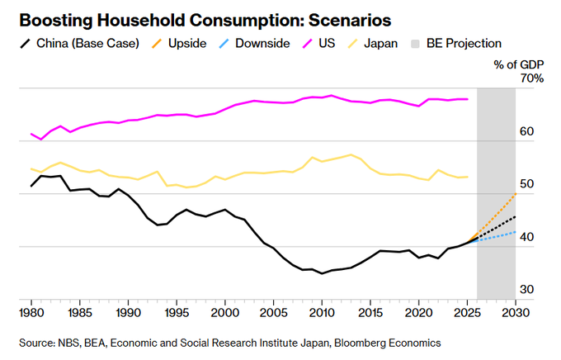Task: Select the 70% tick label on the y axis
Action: (531, 78)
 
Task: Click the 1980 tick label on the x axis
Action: (31, 313)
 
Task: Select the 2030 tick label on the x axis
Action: (516, 313)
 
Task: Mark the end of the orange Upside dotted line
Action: (516, 194)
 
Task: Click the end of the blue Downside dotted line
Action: (516, 232)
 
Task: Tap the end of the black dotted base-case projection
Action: (516, 217)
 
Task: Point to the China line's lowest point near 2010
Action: (322, 272)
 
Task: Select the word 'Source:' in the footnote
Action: (35, 342)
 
